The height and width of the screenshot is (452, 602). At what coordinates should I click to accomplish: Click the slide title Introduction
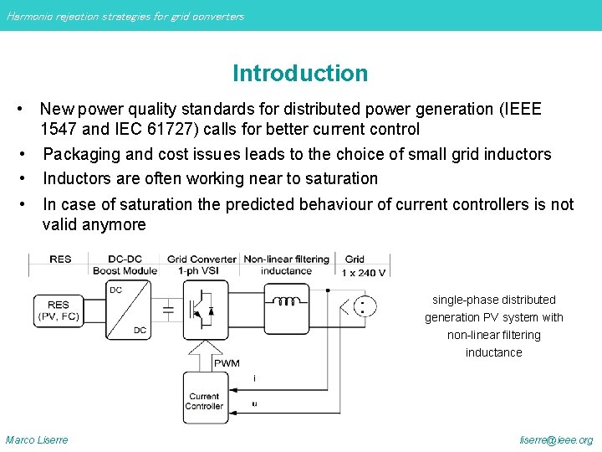click(x=300, y=74)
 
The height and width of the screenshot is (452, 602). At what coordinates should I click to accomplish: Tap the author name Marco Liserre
click(x=37, y=440)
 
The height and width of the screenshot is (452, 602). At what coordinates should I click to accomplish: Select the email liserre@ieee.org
click(x=556, y=440)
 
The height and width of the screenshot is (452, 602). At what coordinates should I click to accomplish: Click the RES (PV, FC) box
click(x=59, y=310)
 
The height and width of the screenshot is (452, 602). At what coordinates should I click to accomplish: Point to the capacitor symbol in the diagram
click(x=168, y=310)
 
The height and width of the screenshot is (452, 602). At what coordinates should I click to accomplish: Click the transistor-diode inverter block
click(x=202, y=310)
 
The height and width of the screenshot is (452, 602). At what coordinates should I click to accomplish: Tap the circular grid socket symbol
click(x=361, y=307)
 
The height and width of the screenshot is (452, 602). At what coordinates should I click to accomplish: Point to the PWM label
click(x=227, y=363)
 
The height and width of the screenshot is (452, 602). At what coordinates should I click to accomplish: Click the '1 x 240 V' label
click(x=365, y=271)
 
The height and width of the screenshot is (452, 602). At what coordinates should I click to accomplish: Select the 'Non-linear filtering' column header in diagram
click(x=286, y=259)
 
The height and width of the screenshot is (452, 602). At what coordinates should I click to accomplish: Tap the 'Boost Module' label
click(x=125, y=271)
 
